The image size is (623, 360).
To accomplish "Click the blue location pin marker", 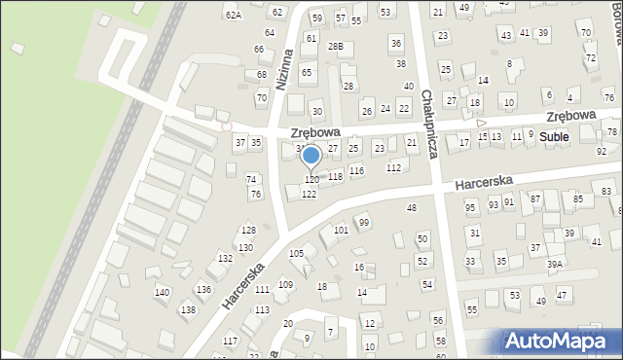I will click(x=311, y=156).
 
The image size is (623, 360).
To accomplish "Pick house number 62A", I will click(x=233, y=15).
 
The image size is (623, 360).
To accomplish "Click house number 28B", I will click(x=336, y=47).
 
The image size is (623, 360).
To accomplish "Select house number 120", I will click(x=311, y=180).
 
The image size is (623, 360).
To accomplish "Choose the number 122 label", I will click(x=309, y=195).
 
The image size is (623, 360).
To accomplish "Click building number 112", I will click(x=393, y=168).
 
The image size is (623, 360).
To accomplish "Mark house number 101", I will click(x=341, y=231).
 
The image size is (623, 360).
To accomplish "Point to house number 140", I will click(x=162, y=293).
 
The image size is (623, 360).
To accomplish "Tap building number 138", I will click(x=188, y=310).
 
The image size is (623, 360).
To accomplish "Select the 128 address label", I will click(x=248, y=231).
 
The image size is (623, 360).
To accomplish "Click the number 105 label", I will click(x=296, y=253).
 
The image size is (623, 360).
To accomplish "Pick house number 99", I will click(x=364, y=223).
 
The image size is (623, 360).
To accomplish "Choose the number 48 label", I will click(x=412, y=208).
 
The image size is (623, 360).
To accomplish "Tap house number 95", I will click(x=471, y=207).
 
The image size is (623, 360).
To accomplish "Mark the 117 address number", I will click(x=230, y=341).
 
